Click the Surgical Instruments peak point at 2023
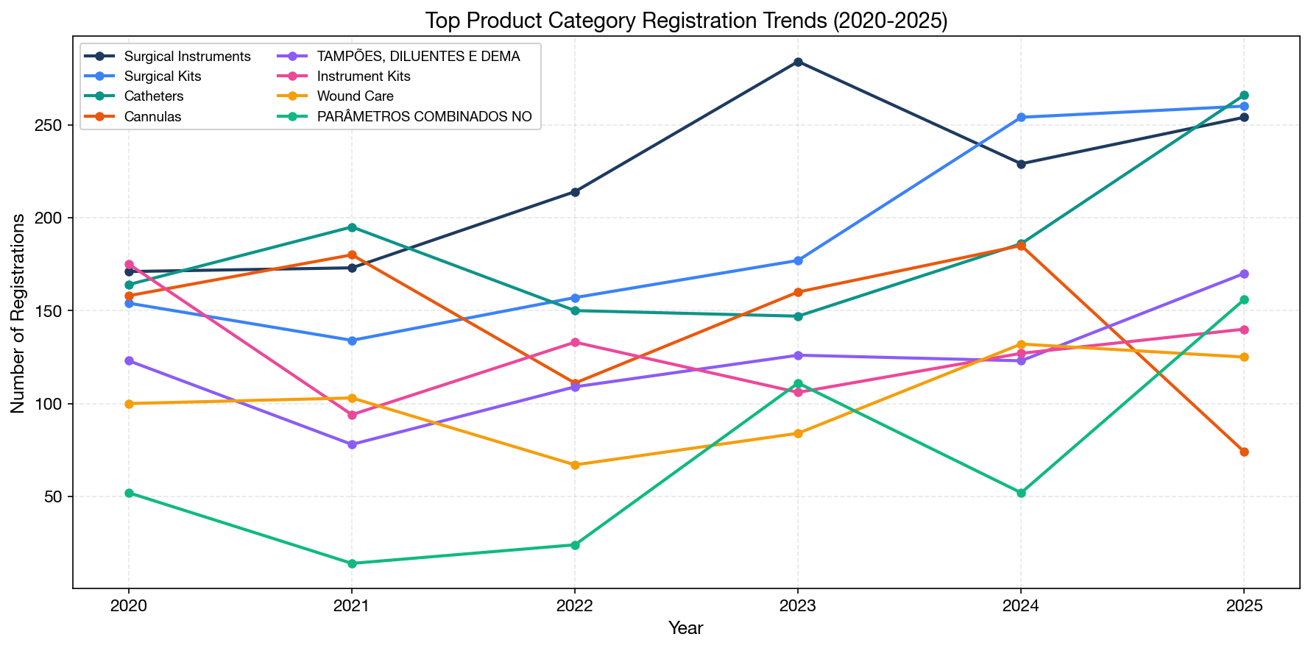(x=798, y=62)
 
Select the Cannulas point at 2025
(x=1244, y=452)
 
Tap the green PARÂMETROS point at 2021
(x=352, y=563)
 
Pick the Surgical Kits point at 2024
(x=1021, y=117)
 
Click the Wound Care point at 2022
(x=575, y=465)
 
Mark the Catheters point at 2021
(x=352, y=227)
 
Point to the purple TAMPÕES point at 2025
(x=1244, y=274)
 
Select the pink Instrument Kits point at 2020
(x=129, y=264)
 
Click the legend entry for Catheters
(x=154, y=96)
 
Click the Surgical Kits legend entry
(x=163, y=76)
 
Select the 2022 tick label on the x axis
(x=575, y=607)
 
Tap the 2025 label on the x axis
(x=1244, y=607)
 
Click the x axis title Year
(x=685, y=628)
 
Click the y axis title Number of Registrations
(x=18, y=313)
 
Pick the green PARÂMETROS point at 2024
(x=1021, y=493)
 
